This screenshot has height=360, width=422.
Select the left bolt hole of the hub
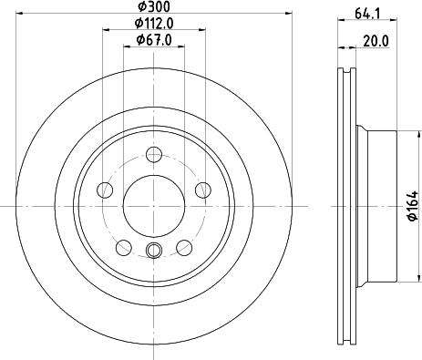tap(105, 190)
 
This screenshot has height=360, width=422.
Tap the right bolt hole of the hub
tap(201, 190)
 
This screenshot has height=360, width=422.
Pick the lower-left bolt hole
tap(123, 246)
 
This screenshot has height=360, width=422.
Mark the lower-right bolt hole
tap(182, 246)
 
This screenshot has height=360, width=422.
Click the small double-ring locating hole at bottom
tap(152, 251)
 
